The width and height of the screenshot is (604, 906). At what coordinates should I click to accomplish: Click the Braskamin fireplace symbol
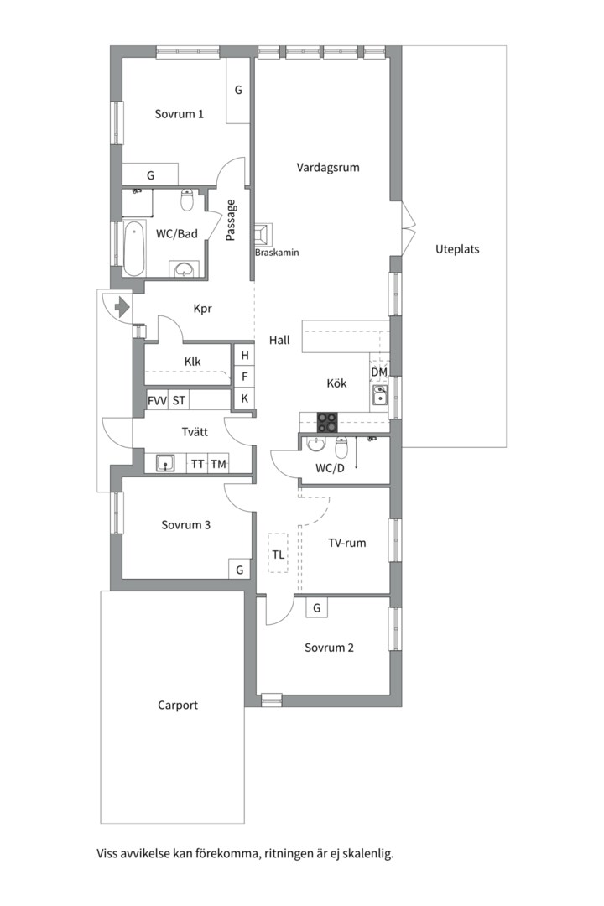(264, 233)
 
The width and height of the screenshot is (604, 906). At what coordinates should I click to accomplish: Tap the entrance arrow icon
(122, 306)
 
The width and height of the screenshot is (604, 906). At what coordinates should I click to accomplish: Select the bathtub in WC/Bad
(133, 248)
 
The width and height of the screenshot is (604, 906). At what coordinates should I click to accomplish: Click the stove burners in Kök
(326, 421)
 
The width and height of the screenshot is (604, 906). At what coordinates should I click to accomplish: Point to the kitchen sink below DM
(380, 395)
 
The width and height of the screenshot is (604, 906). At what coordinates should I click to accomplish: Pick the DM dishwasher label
(379, 372)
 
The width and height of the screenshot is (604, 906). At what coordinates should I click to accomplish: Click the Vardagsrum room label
(328, 167)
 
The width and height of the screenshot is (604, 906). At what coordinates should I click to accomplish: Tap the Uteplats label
(458, 249)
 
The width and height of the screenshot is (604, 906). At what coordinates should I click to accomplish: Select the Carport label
(178, 705)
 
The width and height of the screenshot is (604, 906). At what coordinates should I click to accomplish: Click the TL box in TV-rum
(278, 554)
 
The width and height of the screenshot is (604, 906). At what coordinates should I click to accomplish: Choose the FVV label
(157, 400)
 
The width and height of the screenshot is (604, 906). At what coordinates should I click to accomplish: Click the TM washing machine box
(219, 463)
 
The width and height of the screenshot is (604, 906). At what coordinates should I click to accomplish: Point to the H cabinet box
(244, 356)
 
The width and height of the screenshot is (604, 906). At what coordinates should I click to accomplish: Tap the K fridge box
(244, 398)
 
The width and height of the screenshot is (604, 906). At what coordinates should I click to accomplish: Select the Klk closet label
(193, 362)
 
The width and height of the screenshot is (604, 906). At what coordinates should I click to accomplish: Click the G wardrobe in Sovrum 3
(240, 570)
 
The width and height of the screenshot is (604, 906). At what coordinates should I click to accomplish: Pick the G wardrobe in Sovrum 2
(316, 607)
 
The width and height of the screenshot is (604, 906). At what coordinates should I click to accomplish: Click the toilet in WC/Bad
(187, 201)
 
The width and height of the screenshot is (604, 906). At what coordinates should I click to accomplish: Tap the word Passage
(231, 221)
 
